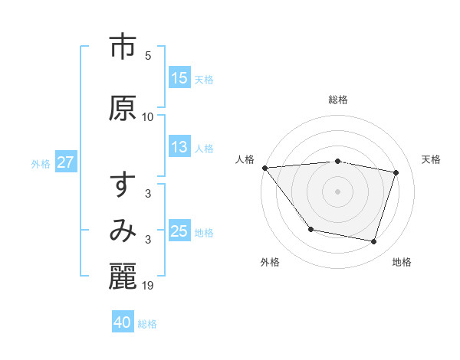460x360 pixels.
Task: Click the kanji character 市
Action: pos(123,47)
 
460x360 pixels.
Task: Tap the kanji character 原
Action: pos(123,108)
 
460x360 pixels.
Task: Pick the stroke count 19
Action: pos(149,286)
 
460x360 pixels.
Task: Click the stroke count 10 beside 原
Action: pos(148,116)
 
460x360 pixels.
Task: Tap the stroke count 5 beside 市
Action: pos(148,56)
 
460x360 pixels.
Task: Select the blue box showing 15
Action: pos(179,78)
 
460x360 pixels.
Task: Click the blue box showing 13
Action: pos(179,148)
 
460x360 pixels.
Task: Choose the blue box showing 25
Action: pos(179,231)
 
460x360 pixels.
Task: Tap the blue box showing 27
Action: pos(65,162)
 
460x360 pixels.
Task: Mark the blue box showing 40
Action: pos(123,322)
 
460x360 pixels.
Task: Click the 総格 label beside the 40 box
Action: pos(147,323)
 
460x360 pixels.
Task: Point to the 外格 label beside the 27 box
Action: pos(41,163)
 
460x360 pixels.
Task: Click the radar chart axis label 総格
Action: pos(338,100)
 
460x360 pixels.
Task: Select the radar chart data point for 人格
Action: pos(264,168)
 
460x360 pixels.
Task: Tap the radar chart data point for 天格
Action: pos(396,172)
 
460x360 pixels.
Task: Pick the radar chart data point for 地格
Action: pos(374,242)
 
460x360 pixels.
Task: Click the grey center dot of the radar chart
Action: pos(338,191)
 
